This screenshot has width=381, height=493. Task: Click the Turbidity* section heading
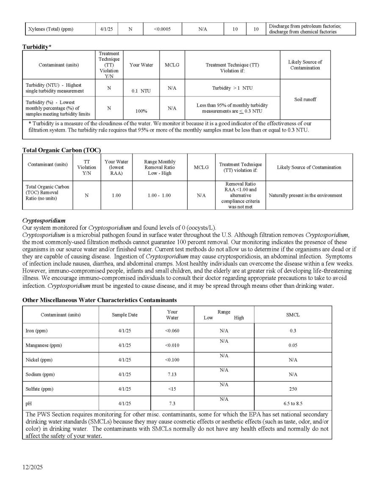coord(37,47)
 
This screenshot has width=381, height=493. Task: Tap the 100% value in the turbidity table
coord(141,111)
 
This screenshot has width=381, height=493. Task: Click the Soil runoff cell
coord(305,99)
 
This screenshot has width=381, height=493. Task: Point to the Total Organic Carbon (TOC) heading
coord(61,150)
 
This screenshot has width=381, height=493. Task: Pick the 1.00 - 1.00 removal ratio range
coord(160,196)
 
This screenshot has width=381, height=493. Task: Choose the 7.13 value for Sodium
coord(172,375)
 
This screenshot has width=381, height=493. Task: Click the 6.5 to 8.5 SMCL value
coord(293,403)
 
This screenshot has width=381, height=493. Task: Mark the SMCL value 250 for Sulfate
coord(293,389)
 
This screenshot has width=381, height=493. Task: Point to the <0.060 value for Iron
coord(172,331)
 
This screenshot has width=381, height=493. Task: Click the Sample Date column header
coord(124,315)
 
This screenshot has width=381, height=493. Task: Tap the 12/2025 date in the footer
coord(33,468)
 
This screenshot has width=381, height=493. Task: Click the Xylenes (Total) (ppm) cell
coord(50,29)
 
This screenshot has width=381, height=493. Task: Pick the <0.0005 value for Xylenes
coord(162,29)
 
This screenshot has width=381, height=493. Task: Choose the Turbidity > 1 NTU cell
coord(232,88)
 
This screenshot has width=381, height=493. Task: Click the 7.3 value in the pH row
coord(172,403)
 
